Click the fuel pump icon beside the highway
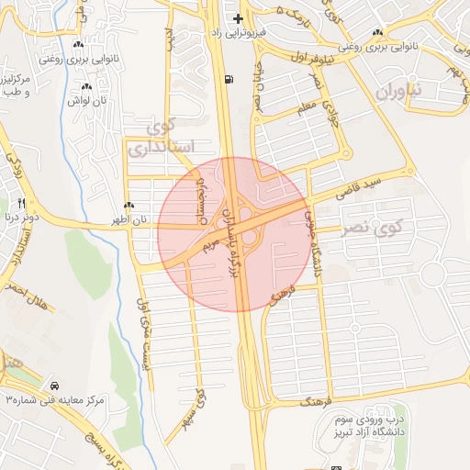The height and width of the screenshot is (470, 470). pyautogui.click(x=227, y=79)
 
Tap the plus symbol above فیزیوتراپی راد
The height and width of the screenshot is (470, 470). pyautogui.click(x=238, y=18)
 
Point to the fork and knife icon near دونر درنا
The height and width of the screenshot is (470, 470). pyautogui.click(x=22, y=203)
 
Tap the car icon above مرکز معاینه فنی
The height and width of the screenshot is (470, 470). pyautogui.click(x=56, y=386)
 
